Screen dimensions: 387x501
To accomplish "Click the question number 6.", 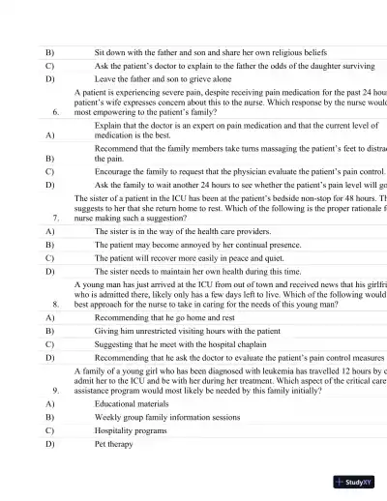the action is pos(57,113).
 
